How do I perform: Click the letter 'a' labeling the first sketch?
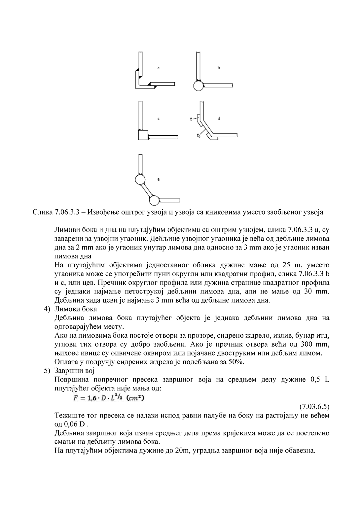[x=159, y=68]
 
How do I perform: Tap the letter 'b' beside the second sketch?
[x=219, y=68]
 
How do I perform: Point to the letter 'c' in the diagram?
[x=159, y=118]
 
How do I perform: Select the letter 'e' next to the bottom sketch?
[x=159, y=179]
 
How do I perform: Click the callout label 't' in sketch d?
[x=191, y=119]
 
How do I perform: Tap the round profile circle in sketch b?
[x=198, y=86]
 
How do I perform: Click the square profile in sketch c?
[x=143, y=135]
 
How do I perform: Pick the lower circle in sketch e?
[x=154, y=200]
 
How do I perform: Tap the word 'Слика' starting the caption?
[x=41, y=212]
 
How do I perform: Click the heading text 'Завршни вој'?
[x=74, y=371]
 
